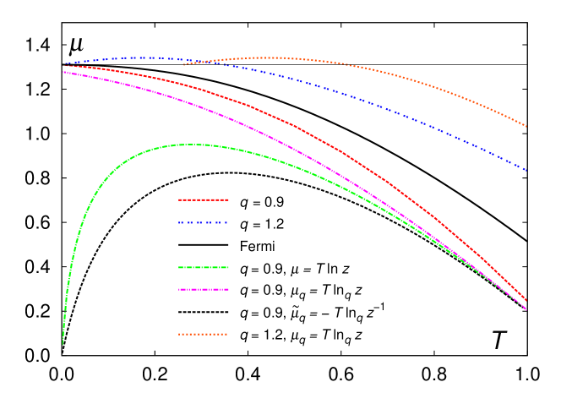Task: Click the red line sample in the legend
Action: [204, 200]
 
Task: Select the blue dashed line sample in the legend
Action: [204, 223]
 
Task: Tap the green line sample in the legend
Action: [204, 267]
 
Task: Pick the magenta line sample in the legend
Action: [204, 289]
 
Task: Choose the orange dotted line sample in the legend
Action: [204, 334]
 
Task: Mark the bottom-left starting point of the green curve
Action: [63, 344]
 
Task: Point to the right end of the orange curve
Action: [527, 127]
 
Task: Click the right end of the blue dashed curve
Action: [527, 172]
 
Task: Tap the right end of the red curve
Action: [527, 301]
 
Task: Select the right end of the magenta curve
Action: [527, 309]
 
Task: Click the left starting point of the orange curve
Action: [183, 64]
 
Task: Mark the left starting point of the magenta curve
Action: [63, 72]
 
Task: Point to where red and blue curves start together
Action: [64, 64]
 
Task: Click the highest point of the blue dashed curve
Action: [139, 57]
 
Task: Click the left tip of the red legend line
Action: [178, 200]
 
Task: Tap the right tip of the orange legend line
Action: [228, 334]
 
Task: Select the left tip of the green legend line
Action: [178, 267]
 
